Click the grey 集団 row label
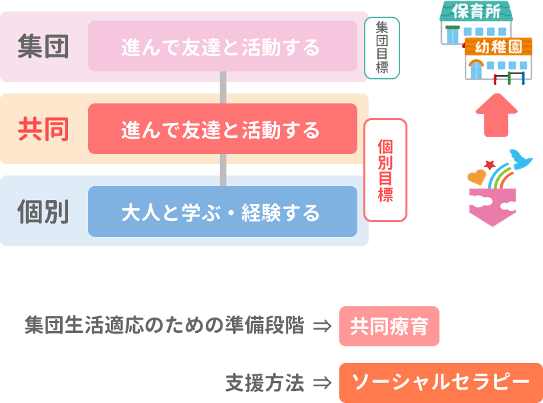click(x=43, y=47)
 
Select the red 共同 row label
click(x=43, y=129)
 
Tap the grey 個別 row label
click(x=43, y=212)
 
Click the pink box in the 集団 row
click(x=222, y=46)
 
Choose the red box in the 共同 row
click(x=222, y=129)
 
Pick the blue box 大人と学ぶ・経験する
click(x=222, y=212)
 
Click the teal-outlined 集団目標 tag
click(x=382, y=48)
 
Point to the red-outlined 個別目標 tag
click(x=385, y=170)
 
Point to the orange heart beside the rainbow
click(x=477, y=177)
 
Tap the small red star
click(x=491, y=164)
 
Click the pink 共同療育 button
click(x=389, y=326)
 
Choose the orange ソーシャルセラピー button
click(x=441, y=382)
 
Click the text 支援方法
click(x=264, y=383)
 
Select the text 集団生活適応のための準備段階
click(x=164, y=326)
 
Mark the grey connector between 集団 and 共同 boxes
click(x=223, y=87)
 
